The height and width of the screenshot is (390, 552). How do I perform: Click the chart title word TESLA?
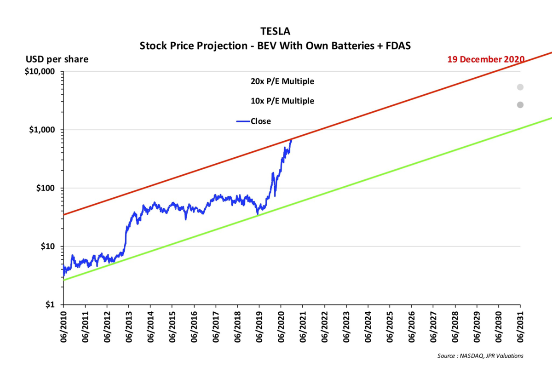coord(275,31)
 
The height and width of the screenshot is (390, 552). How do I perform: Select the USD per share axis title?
coord(57,59)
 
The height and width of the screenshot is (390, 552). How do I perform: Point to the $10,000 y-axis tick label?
coord(40,72)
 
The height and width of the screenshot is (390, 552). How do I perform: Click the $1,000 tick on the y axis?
coord(42,130)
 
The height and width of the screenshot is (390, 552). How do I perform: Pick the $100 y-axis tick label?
coord(46,188)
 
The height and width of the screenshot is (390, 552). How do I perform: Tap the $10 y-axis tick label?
coord(47,247)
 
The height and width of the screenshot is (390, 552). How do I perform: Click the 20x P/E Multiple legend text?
coord(282,81)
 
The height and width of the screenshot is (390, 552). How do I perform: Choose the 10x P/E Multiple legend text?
coord(282,101)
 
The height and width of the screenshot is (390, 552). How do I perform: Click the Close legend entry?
coord(260,121)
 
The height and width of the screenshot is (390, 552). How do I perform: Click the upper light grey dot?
coord(520,87)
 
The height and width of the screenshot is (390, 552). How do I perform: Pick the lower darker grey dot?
coord(520,105)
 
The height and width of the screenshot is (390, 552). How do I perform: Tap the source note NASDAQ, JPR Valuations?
coord(480,356)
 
